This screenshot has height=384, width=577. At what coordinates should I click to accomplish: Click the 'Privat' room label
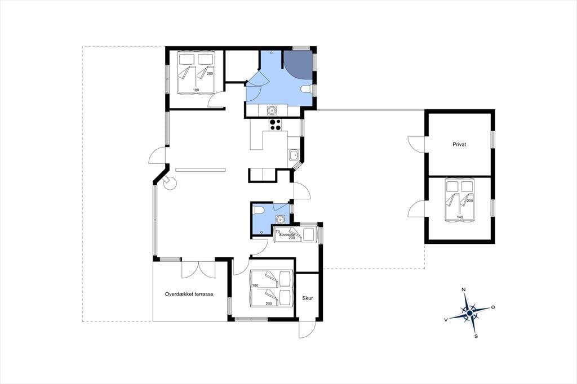(x=459, y=145)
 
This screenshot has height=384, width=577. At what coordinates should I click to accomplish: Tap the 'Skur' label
(x=308, y=298)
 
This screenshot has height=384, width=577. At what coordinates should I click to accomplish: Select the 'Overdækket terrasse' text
(x=189, y=294)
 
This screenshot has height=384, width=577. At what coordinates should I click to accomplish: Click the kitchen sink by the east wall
(x=293, y=155)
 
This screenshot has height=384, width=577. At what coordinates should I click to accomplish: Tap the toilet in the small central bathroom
(x=258, y=210)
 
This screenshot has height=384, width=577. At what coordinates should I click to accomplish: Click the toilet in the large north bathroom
(x=305, y=89)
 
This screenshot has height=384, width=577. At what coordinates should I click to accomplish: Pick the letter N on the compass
(x=464, y=290)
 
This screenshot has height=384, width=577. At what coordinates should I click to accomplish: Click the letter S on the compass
(x=476, y=336)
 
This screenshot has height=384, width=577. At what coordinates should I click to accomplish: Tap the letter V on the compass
(x=446, y=320)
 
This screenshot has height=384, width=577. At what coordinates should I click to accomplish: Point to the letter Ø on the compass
(x=493, y=307)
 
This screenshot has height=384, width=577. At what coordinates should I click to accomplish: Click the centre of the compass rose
(x=469, y=313)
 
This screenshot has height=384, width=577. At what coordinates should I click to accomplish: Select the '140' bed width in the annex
(x=460, y=217)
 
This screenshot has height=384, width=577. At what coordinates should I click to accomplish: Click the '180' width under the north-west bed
(x=196, y=90)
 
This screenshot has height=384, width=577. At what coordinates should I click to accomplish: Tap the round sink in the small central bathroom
(x=281, y=220)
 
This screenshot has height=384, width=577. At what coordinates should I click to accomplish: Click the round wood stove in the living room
(x=170, y=183)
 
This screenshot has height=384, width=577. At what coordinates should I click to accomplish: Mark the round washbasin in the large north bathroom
(x=271, y=110)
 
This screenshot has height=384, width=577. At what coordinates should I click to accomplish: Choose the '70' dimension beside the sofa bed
(x=277, y=231)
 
